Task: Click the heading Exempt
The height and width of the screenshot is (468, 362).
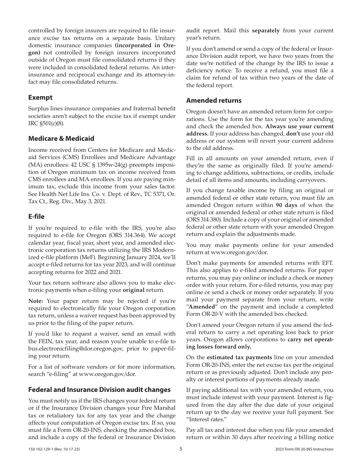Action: (x=40, y=97)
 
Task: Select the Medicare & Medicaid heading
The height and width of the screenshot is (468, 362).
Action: (x=61, y=138)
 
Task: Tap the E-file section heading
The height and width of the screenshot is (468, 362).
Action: (x=36, y=216)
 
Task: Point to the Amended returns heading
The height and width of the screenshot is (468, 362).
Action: (x=214, y=100)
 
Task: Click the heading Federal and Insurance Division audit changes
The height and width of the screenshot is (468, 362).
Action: (x=99, y=390)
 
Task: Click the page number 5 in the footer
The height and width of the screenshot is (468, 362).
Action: (x=181, y=449)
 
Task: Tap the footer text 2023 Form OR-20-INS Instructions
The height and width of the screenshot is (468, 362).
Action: (x=304, y=449)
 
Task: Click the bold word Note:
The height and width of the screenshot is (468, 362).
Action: (x=35, y=301)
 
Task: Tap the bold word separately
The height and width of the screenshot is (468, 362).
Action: (x=266, y=30)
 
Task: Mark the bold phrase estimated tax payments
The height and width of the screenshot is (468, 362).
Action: (x=239, y=357)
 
